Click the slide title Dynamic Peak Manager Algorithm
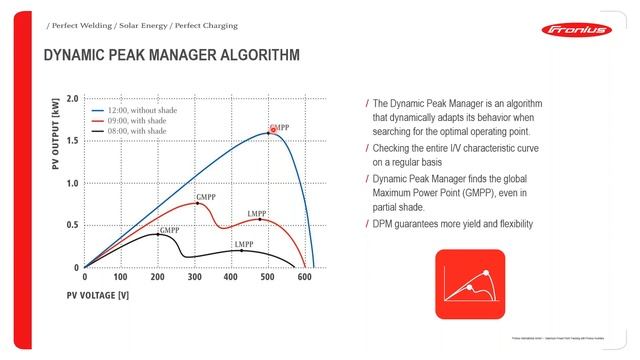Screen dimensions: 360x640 [171, 56]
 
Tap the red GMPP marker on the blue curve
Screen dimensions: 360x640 [272, 132]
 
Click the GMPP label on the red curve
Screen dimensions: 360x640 [207, 197]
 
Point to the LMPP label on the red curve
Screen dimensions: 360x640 [257, 214]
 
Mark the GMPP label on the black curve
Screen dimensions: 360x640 [169, 230]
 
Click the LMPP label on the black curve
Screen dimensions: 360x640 [243, 245]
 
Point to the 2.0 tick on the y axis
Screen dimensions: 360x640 [72, 100]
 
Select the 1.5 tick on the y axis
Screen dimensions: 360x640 [72, 142]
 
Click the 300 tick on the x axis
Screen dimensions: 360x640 [194, 278]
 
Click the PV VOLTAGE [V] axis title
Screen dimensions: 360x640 [97, 295]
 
